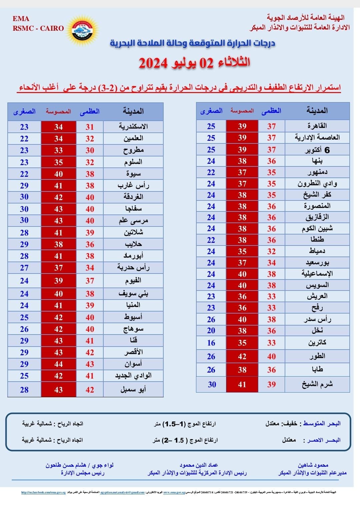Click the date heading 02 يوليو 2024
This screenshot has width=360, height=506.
194,63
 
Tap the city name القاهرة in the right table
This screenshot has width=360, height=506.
317,126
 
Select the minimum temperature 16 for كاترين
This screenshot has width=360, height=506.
211,343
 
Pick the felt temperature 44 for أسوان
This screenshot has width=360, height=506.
58,364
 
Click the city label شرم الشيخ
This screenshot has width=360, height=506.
317,384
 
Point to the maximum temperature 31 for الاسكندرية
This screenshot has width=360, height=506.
90,127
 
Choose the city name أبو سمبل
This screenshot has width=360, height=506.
133,390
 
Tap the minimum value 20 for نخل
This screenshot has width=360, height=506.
211,331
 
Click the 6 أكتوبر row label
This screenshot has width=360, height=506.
317,150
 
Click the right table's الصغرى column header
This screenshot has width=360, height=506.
211,111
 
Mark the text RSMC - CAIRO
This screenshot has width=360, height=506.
38,28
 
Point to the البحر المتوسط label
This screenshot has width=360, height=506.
321,424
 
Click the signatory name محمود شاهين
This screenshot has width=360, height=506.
313,465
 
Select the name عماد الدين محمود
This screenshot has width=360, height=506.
199,465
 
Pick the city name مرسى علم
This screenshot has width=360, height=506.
133,221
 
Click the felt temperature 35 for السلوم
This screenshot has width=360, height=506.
58,162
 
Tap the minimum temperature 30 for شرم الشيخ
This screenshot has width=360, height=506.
212,385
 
